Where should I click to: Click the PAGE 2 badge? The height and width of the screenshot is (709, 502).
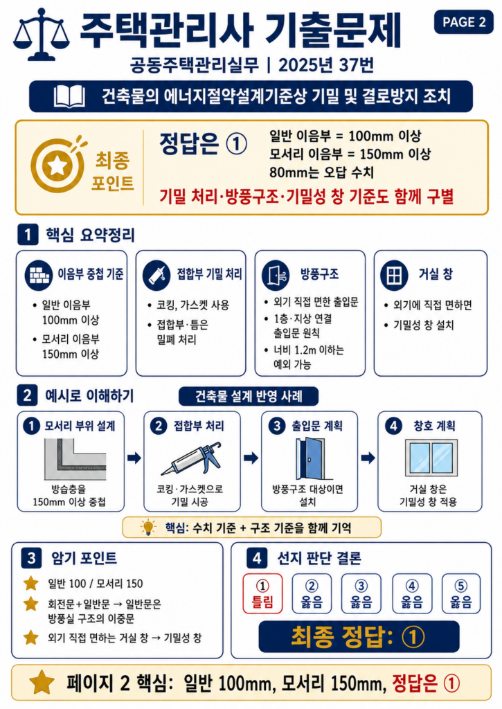tap(463, 21)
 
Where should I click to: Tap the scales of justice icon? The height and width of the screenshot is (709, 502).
tap(41, 35)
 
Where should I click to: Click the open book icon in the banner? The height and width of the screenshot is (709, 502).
tap(69, 96)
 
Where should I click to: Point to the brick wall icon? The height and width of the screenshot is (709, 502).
tap(38, 274)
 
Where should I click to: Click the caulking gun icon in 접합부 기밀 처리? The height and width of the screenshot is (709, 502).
tap(156, 274)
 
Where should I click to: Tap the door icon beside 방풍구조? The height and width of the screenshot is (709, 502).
tap(276, 274)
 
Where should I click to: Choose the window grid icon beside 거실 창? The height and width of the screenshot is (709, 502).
tap(394, 274)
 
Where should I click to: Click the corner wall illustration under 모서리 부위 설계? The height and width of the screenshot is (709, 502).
tap(75, 460)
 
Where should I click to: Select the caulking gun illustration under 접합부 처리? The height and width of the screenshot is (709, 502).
tap(192, 460)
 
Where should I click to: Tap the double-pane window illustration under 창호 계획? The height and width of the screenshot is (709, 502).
tap(431, 458)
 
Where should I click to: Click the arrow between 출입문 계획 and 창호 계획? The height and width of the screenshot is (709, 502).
tap(368, 458)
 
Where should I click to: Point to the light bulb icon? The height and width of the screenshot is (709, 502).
tap(148, 527)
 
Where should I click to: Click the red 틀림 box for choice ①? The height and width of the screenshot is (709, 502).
tap(262, 593)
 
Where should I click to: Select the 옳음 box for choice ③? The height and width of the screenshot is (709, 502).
tap(361, 593)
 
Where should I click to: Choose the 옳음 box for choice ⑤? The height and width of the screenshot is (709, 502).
tap(461, 593)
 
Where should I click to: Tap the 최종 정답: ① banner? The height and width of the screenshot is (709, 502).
tap(359, 637)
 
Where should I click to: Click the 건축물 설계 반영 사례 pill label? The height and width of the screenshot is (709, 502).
tap(249, 397)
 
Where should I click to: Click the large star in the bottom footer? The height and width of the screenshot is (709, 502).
tap(42, 682)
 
